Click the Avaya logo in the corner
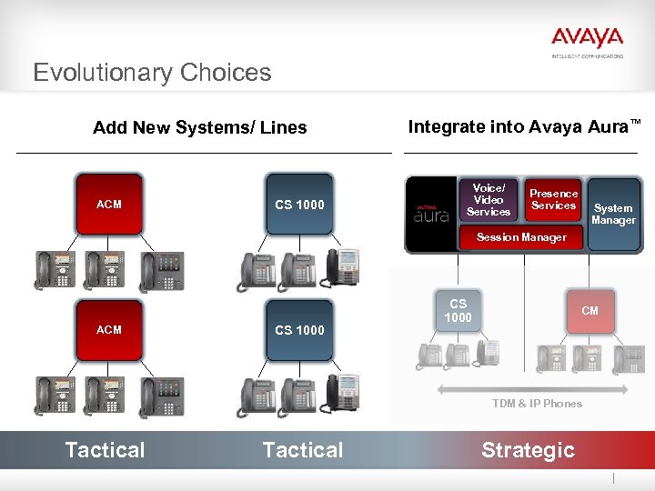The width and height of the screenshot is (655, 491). (x=587, y=40)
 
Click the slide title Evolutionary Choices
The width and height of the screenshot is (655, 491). (x=152, y=73)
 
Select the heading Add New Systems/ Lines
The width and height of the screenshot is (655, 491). (x=200, y=127)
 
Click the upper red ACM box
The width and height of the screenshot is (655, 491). (x=109, y=205)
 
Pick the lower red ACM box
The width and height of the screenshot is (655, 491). (x=109, y=329)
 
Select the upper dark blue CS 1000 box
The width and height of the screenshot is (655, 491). (x=299, y=205)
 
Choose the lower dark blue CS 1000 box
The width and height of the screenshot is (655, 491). (x=299, y=329)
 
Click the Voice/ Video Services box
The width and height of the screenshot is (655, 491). (x=489, y=200)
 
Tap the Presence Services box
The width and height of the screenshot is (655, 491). (x=554, y=199)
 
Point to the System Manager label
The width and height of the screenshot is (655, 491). (x=613, y=214)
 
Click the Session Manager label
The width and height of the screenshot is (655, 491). (x=522, y=237)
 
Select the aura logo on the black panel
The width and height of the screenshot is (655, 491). (x=431, y=215)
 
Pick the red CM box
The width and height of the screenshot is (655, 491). (x=589, y=311)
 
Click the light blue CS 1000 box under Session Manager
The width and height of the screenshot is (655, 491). (x=458, y=311)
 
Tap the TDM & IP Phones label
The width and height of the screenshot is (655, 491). (x=537, y=404)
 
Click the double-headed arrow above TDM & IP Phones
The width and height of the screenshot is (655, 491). (x=537, y=389)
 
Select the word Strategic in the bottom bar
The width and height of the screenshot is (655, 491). (x=528, y=450)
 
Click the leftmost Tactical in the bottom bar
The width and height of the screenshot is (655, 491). (x=105, y=450)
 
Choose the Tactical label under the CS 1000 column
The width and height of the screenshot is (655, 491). (x=302, y=450)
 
